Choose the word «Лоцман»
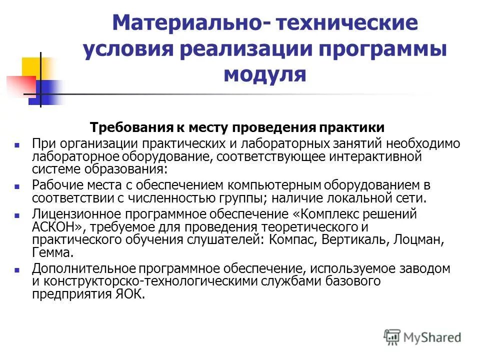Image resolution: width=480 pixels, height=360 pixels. click(418, 239)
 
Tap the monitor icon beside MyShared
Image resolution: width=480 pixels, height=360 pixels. click(393, 337)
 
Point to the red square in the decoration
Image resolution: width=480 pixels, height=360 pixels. click(19, 85)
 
